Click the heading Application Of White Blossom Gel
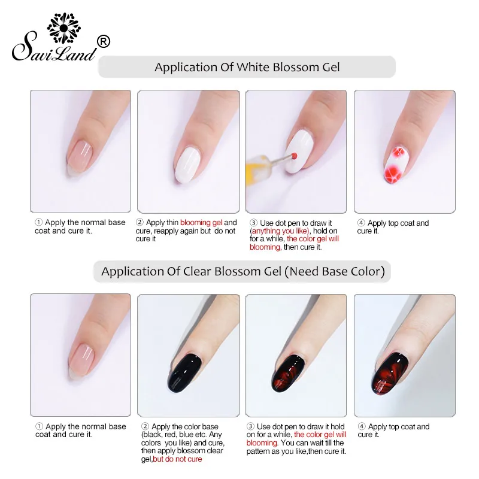pyautogui.click(x=247, y=67)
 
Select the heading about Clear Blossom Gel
pyautogui.click(x=242, y=271)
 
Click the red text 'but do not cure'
pyautogui.click(x=178, y=459)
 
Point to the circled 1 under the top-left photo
pyautogui.click(x=39, y=223)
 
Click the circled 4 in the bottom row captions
pyautogui.click(x=361, y=427)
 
